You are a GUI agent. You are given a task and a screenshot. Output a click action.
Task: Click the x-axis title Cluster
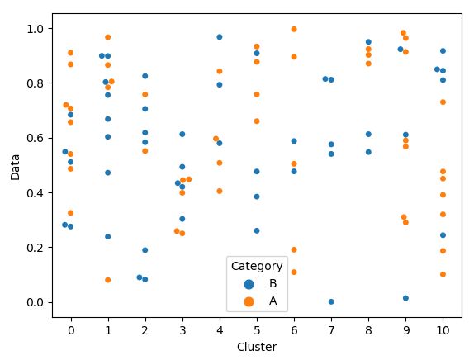(x=256, y=347)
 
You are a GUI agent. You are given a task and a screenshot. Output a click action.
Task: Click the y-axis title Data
(x=15, y=164)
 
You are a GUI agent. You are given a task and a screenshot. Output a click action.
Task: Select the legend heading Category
(x=257, y=266)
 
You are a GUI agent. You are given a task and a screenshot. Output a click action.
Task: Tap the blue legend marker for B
(x=249, y=283)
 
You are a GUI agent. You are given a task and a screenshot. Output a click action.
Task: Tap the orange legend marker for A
(x=249, y=301)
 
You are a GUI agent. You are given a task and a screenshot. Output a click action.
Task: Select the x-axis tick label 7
(x=331, y=329)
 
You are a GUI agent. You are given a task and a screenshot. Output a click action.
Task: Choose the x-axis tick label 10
(x=443, y=329)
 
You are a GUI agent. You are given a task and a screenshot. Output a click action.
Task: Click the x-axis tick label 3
(x=182, y=329)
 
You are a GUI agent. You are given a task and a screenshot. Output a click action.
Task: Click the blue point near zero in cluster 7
(x=331, y=301)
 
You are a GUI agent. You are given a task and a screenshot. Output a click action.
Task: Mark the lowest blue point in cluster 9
(x=405, y=298)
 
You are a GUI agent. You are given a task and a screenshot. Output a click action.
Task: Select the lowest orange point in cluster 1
(x=107, y=280)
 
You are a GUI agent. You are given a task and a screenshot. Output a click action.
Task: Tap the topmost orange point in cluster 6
(x=294, y=30)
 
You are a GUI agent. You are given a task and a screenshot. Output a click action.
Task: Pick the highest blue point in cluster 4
(x=220, y=37)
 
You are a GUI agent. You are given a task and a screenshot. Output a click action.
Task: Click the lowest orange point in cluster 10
(x=443, y=274)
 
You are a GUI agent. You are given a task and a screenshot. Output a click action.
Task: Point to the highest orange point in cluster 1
(x=107, y=37)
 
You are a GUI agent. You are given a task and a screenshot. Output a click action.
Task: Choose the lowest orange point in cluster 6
(x=294, y=272)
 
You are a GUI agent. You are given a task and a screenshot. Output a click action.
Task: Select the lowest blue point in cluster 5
(x=257, y=230)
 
